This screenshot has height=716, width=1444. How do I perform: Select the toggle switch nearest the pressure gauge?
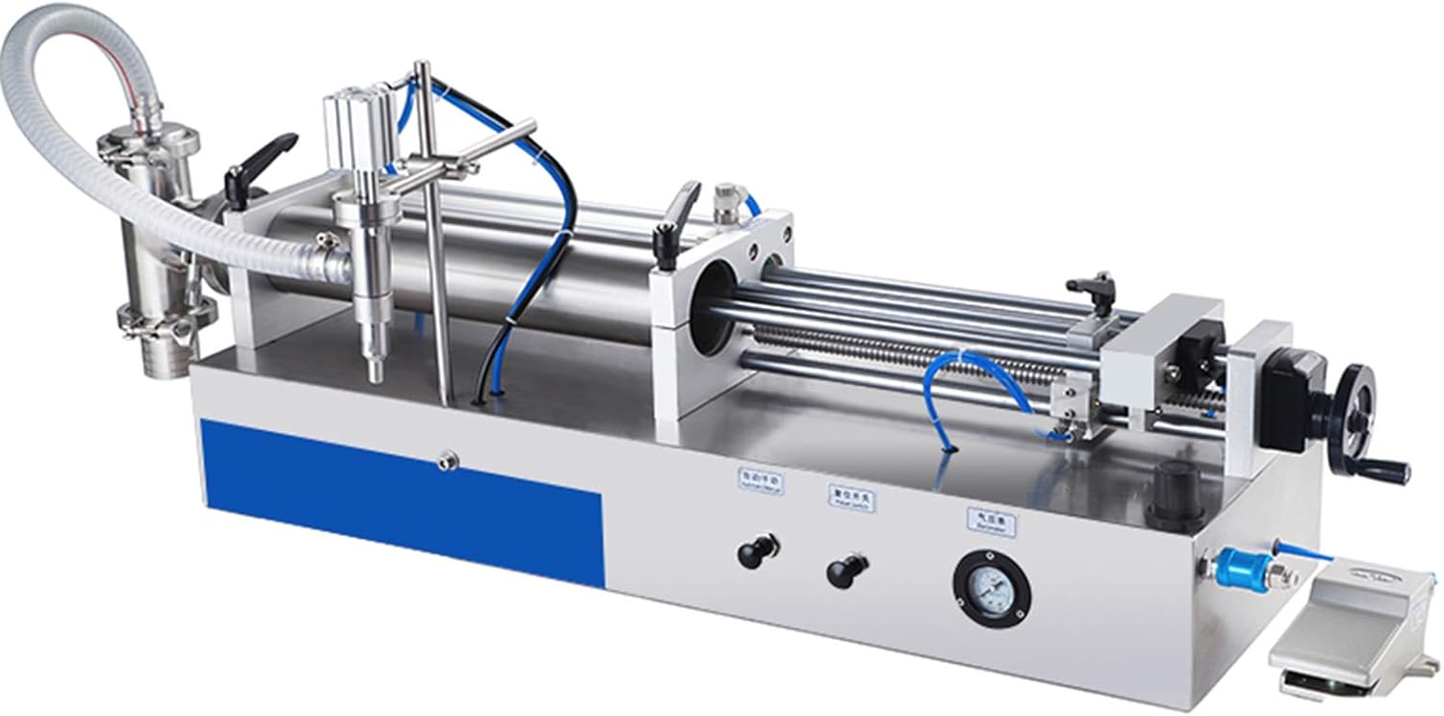pyautogui.click(x=843, y=572)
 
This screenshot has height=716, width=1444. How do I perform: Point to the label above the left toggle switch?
pyautogui.click(x=760, y=479)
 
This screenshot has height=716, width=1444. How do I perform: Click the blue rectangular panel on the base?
pyautogui.click(x=400, y=499)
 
